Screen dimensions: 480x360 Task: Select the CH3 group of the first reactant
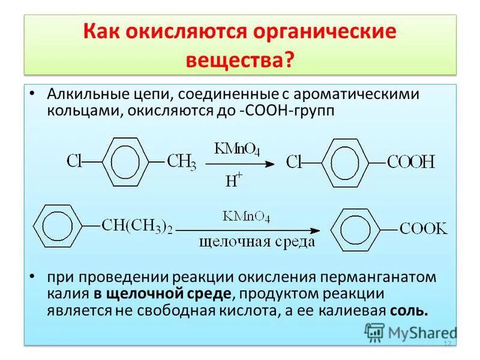181,161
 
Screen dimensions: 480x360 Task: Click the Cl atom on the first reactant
74,161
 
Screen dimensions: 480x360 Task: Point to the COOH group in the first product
411,162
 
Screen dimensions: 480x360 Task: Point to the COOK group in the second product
424,229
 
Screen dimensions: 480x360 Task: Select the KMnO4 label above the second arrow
246,217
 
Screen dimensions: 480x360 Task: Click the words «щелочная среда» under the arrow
258,242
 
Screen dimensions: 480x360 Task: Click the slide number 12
446,343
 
